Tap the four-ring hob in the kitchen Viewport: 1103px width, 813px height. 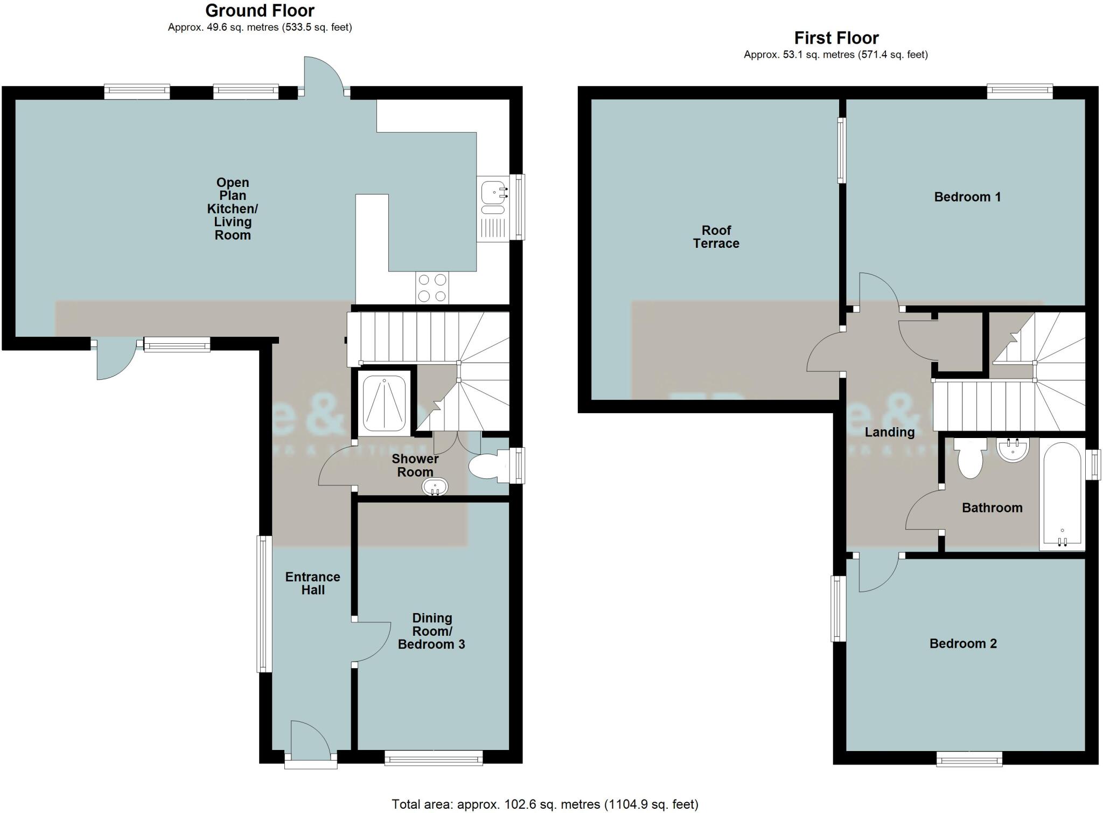tap(432, 288)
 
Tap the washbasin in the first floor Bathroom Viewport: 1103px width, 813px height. tap(1013, 449)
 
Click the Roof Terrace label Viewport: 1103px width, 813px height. tap(716, 237)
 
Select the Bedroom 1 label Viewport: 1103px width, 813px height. tap(967, 197)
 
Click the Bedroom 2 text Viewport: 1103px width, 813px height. tap(963, 643)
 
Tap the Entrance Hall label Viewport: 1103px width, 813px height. tap(312, 583)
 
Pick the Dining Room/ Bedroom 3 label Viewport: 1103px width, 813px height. tap(431, 631)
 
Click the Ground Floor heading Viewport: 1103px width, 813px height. tap(260, 10)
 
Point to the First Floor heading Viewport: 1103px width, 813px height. tap(836, 38)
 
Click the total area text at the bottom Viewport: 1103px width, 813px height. tap(544, 804)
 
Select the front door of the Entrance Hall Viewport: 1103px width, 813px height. tap(311, 746)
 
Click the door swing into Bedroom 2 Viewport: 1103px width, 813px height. tap(875, 574)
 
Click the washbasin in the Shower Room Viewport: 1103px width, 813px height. tap(435, 487)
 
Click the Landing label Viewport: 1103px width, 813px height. tap(889, 432)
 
